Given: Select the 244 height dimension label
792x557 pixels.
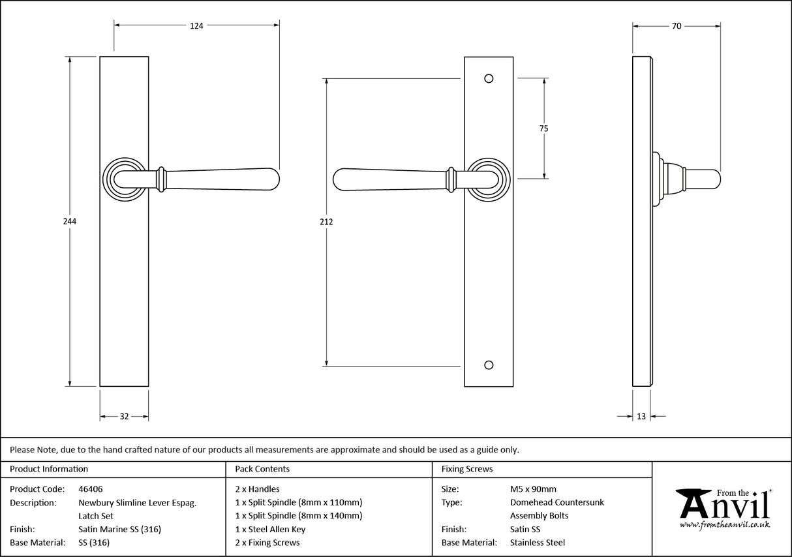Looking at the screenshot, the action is click(x=70, y=221).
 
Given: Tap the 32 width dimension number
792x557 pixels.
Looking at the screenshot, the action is click(x=124, y=417).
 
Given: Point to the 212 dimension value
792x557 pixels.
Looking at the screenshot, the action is click(x=327, y=222).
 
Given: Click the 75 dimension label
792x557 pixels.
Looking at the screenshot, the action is click(x=543, y=128).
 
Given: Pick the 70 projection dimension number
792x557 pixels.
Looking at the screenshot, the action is click(x=677, y=26).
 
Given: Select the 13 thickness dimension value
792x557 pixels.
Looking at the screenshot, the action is click(x=641, y=417).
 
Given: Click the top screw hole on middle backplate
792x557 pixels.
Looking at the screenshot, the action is click(x=489, y=79).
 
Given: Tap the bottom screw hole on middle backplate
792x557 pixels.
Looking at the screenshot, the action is click(x=489, y=365).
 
